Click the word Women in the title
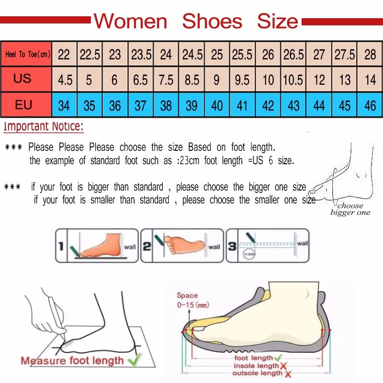coord(130,22)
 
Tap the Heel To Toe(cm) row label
coord(27,54)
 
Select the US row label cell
coord(22,79)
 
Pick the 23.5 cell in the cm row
coord(141,55)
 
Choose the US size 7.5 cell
coord(166,79)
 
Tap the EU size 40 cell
coord(217,105)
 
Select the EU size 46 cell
coord(370,105)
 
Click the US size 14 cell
coord(370,79)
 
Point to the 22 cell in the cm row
coord(64,55)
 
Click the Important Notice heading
coord(44,127)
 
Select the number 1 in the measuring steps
coord(61,247)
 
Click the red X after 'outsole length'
coord(288,373)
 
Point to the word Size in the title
coord(277,22)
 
